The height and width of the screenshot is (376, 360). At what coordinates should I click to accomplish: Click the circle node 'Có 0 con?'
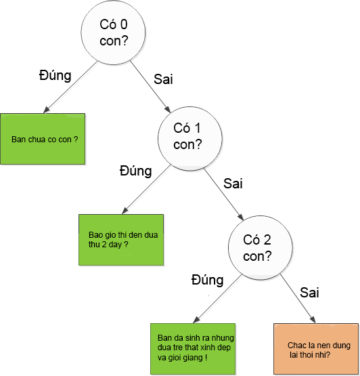113,33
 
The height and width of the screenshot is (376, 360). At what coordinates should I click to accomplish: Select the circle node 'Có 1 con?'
190,139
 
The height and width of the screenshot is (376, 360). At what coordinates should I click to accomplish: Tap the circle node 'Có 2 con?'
261,247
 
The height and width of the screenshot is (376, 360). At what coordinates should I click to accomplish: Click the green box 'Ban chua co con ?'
43,139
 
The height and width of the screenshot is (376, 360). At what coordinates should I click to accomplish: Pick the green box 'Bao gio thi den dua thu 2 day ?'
121,240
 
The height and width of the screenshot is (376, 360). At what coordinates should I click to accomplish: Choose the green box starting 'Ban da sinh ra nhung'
193,349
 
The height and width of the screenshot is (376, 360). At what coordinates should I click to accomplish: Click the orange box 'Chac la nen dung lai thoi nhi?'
316,349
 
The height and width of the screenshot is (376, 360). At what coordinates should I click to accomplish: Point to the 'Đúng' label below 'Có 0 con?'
55,75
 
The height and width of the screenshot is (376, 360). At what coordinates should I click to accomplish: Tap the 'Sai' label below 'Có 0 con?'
163,79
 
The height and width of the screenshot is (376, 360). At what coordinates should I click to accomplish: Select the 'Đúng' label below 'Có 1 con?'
136,171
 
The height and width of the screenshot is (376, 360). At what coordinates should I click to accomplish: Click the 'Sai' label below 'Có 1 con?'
233,184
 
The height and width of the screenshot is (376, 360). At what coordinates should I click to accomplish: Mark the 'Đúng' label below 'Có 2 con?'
208,280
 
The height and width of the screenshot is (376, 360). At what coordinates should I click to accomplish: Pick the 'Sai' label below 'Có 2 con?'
309,293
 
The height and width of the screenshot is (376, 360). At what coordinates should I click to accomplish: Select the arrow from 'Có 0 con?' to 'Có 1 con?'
150,87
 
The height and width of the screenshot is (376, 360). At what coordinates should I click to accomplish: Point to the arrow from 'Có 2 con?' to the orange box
298,299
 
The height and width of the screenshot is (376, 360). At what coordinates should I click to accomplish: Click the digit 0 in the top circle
124,24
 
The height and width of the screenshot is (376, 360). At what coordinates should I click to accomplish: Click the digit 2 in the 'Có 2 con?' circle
267,240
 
